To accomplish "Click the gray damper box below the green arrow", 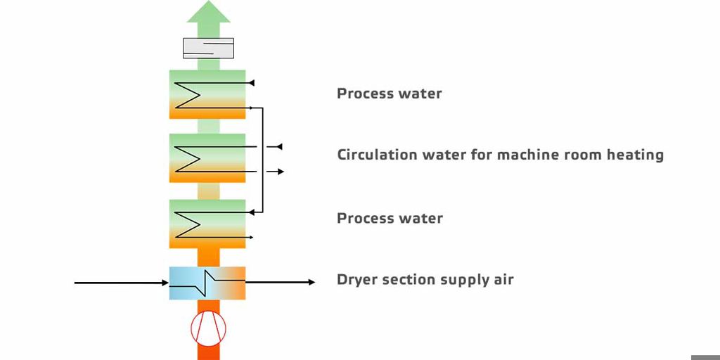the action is (208, 49).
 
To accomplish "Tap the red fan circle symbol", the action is (208, 328).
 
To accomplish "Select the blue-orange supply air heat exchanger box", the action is (207, 283).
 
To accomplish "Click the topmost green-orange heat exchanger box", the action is (207, 94).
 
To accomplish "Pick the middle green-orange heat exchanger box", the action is (207, 158).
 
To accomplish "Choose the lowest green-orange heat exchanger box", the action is (207, 224).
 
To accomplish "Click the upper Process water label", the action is (390, 94).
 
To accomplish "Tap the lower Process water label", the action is (390, 218).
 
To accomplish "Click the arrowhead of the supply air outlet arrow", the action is (311, 282).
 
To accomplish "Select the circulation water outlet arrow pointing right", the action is (276, 172).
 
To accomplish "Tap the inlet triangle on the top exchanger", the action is (251, 83).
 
